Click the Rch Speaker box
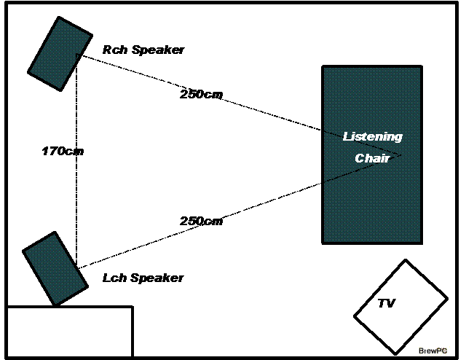60,53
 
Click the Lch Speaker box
55,267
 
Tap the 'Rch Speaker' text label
143,50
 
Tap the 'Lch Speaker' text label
143,278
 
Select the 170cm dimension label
63,152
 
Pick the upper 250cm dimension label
201,94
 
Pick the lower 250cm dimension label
201,221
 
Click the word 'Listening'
372,136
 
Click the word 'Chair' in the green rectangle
372,157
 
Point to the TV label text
386,303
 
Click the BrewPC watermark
433,350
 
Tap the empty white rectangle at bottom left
70,332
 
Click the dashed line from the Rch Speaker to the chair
277,117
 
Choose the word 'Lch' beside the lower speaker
113,278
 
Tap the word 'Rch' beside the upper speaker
114,50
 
